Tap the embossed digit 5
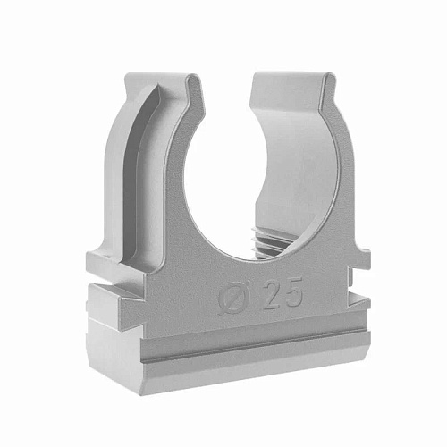click(291, 291)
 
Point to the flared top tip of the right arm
click(328, 78)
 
